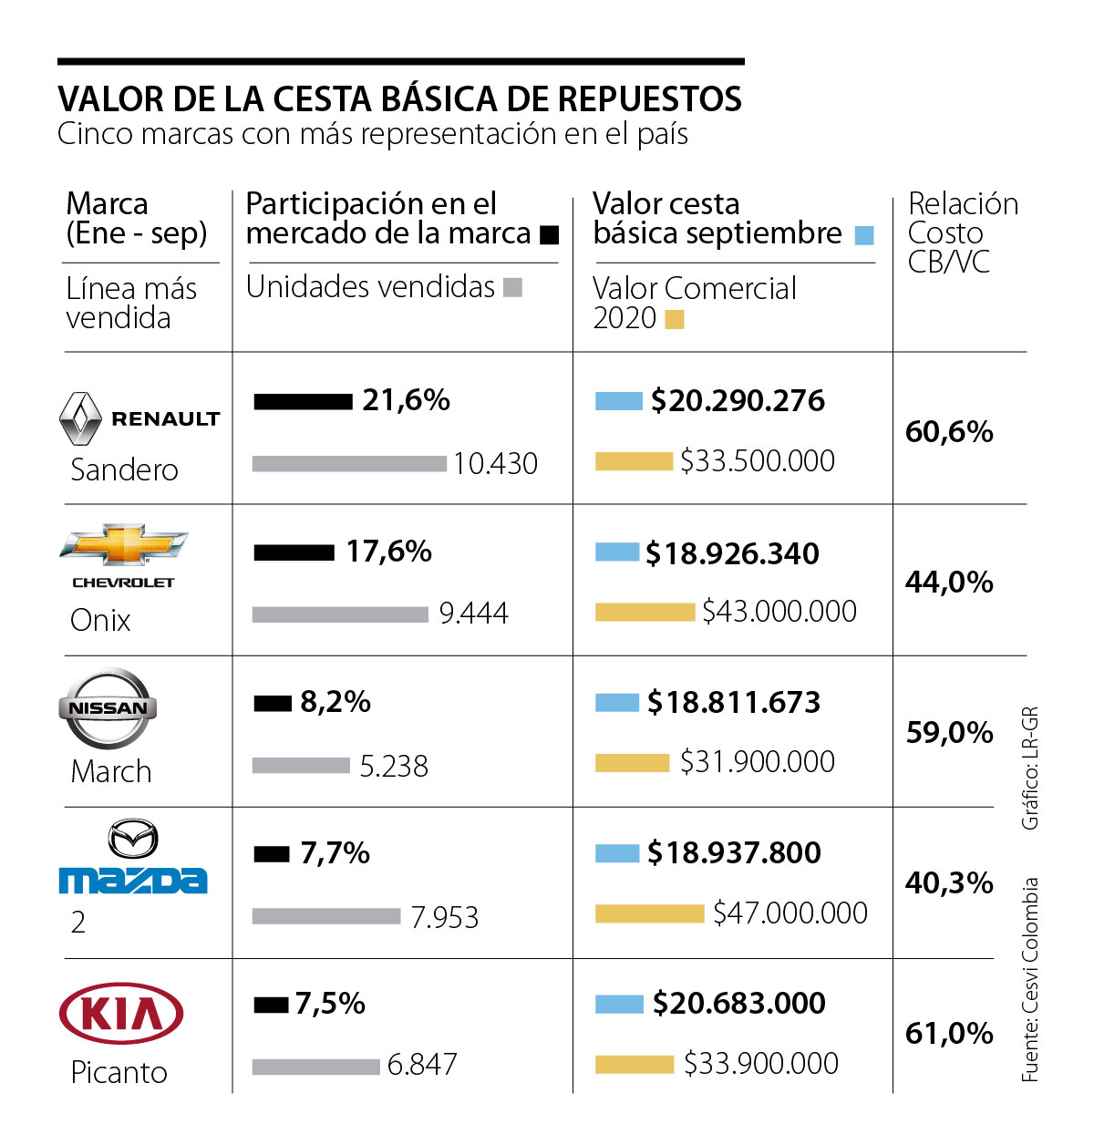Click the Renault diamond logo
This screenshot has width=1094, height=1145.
79,418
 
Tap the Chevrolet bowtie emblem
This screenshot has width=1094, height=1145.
123,545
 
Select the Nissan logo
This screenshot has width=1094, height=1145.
108,708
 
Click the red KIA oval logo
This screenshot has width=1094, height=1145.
121,1013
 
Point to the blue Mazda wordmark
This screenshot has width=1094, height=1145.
132,880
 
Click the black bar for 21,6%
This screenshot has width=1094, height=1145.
303,401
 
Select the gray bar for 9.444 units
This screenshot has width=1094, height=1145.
340,614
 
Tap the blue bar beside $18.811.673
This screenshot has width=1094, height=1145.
616,703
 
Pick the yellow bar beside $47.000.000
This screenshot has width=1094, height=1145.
649,913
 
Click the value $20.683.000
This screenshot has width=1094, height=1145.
738,1003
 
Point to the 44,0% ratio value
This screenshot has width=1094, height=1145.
949,582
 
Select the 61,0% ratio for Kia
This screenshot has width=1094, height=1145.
949,1033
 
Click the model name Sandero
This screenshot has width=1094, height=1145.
124,469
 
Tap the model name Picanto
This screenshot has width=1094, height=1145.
119,1072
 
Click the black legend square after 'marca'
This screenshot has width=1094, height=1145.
550,235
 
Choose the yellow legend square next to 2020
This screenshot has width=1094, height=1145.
675,319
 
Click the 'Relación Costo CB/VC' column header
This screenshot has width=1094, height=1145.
962,232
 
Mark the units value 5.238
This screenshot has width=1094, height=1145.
394,766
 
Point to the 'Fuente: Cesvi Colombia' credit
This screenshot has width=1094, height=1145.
1030,980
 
